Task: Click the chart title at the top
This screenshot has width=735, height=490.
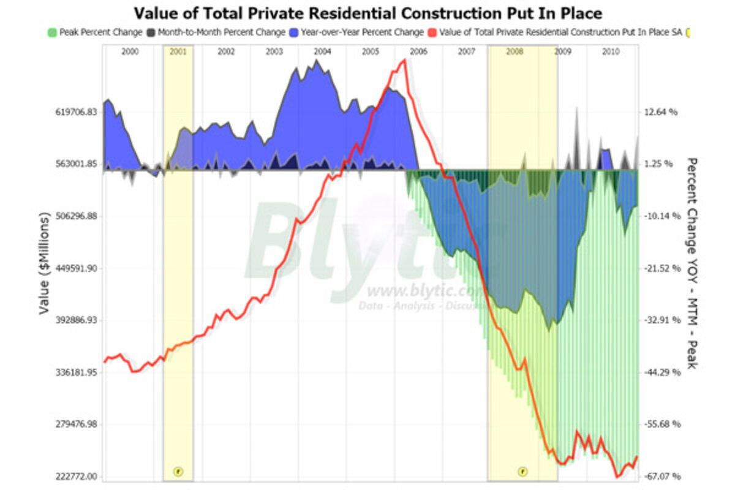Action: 367,13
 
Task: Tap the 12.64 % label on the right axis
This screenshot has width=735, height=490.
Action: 661,112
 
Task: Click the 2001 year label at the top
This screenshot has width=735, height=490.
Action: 178,53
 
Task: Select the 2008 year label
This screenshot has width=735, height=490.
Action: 514,53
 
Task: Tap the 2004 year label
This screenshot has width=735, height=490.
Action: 322,53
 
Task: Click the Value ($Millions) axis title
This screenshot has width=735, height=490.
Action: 44,263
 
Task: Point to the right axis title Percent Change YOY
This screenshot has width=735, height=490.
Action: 692,263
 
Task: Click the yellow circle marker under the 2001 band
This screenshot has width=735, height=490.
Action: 178,471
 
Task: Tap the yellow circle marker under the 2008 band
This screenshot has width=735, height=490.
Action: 522,471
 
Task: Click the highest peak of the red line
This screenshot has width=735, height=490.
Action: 404,60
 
